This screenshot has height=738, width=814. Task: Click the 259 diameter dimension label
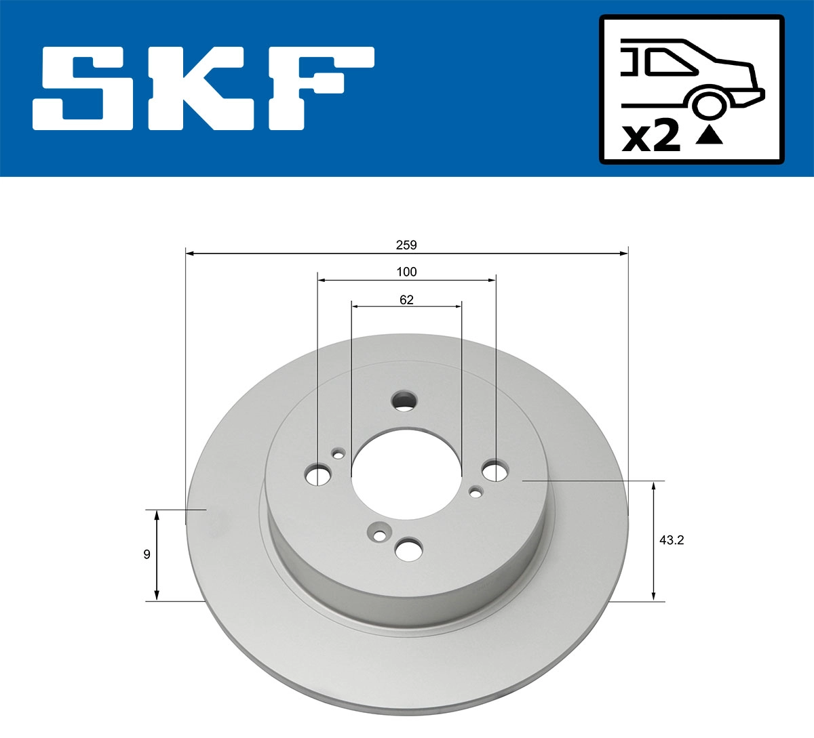tap(406, 245)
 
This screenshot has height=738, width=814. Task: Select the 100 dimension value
tap(406, 272)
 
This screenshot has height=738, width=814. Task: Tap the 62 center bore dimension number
tap(406, 300)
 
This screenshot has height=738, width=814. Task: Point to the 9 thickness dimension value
tap(147, 554)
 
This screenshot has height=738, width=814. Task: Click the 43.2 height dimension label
tap(670, 540)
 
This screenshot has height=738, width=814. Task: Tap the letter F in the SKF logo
tap(319, 88)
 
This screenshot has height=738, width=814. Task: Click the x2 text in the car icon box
tap(651, 137)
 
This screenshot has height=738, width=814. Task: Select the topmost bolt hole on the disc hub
tap(405, 401)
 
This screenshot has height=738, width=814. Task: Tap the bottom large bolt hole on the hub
tap(409, 550)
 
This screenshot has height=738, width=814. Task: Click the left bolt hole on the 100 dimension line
tap(317, 475)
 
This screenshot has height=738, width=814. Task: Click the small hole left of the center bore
tap(338, 453)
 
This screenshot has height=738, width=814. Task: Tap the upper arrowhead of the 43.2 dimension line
tap(654, 486)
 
